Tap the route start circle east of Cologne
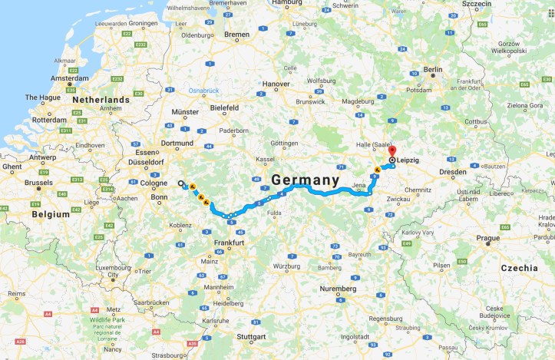[181, 183]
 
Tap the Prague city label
[487, 238]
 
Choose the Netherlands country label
[101, 100]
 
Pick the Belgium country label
[51, 216]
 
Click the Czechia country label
[520, 268]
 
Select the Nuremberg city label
[338, 289]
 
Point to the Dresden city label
[453, 172]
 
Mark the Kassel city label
[266, 158]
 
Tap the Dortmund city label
[177, 143]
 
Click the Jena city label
[359, 186]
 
